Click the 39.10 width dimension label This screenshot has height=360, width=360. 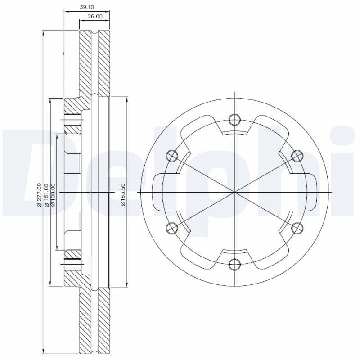(x=86, y=8)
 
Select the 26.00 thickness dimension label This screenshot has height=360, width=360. (x=95, y=16)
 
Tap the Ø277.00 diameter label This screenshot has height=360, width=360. (x=39, y=194)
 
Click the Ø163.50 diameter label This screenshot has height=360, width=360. (x=122, y=194)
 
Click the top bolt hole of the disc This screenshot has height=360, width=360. (x=234, y=119)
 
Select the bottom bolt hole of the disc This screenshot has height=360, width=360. (x=234, y=264)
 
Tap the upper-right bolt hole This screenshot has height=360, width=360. (x=297, y=156)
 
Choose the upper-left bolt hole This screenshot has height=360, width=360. (x=172, y=156)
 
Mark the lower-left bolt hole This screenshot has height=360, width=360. (x=172, y=228)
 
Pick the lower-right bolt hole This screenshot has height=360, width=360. (x=297, y=228)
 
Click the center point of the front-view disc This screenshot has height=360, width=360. (x=234, y=192)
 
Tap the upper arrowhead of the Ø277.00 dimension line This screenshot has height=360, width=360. (x=43, y=33)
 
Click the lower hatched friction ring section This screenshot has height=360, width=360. (x=94, y=319)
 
